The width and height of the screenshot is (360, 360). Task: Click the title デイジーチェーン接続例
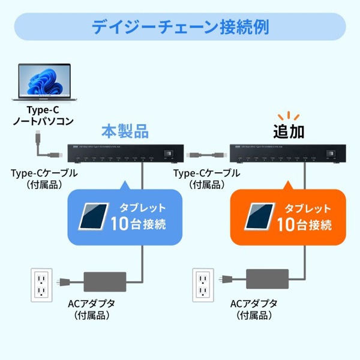point(180,27)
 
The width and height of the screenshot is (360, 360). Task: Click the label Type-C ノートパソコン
point(43,116)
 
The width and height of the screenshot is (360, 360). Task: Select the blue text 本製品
point(124,130)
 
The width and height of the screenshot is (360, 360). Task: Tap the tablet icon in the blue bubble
point(95,217)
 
